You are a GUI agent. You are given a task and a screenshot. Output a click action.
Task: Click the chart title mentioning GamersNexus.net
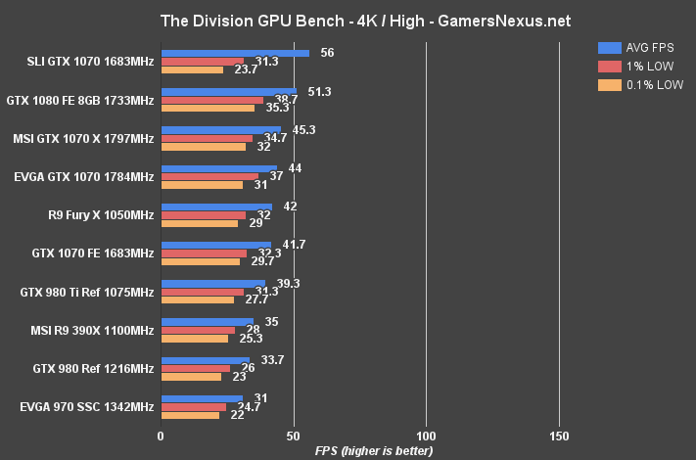click(348, 21)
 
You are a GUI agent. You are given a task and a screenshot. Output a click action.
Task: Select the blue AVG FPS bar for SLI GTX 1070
click(235, 54)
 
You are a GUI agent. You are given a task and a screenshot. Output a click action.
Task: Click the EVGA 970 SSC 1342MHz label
click(86, 405)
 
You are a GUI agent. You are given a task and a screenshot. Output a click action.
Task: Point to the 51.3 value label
click(317, 91)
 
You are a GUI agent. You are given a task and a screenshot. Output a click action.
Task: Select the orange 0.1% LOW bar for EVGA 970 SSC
click(190, 415)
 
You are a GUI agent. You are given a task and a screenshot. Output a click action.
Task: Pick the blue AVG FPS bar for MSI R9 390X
click(207, 321)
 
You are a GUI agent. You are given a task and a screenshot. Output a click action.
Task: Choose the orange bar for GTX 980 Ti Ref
click(197, 299)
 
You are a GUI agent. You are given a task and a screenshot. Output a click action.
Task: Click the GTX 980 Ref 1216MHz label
click(94, 367)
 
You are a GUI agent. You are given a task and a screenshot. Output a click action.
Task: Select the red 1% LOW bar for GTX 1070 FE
click(204, 253)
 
